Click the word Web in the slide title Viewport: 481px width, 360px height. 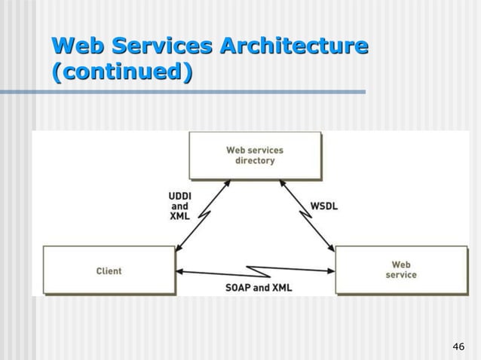[77, 45]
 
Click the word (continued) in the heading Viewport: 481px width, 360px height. [121, 73]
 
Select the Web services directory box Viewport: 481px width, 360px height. [255, 155]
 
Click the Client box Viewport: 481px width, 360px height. [109, 270]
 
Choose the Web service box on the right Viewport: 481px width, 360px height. [401, 270]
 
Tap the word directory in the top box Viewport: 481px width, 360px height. [255, 161]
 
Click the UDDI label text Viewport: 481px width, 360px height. [179, 195]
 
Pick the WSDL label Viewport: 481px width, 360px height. [324, 205]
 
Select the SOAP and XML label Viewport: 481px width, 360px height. [259, 288]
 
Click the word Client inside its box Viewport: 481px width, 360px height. [109, 270]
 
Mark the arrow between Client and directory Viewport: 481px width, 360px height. [202, 216]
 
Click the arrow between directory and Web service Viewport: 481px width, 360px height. [307, 216]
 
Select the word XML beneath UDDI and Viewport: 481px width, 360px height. [179, 216]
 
